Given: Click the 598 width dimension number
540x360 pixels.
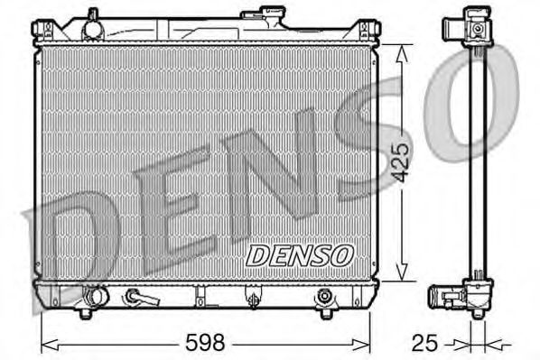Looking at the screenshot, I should (207, 343).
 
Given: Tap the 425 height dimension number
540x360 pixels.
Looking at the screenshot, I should (403, 164).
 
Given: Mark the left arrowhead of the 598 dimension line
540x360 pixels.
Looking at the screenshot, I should (47, 343).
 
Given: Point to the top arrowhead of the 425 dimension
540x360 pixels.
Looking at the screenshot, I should (403, 48).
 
